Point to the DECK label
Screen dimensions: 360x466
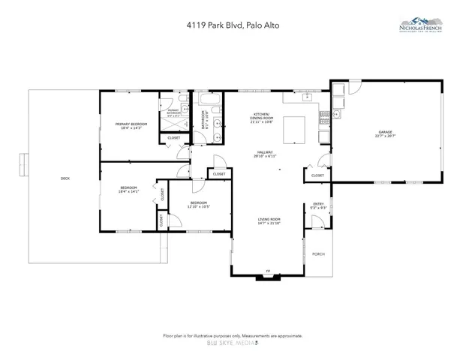point(65,178)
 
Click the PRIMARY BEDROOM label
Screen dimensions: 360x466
point(131,125)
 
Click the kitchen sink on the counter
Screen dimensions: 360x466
point(306,97)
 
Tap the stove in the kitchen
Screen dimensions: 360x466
point(324,117)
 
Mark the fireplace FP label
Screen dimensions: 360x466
point(266,271)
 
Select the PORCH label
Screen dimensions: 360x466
point(318,254)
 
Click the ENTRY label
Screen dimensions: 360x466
point(318,205)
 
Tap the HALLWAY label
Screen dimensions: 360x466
point(268,154)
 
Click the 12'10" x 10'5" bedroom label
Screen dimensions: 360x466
point(199,204)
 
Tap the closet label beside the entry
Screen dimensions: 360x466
point(317,175)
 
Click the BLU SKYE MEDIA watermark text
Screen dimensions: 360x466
point(232,343)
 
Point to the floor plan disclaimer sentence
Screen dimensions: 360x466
point(232,334)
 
